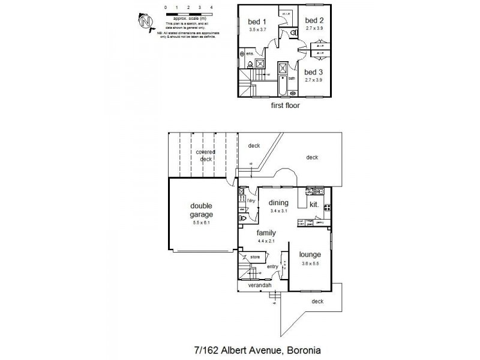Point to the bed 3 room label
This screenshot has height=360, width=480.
pyautogui.click(x=314, y=72)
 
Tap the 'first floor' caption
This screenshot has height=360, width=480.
pyautogui.click(x=286, y=105)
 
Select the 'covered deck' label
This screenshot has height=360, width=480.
pyautogui.click(x=206, y=155)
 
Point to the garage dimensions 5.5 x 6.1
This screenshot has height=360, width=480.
pyautogui.click(x=202, y=223)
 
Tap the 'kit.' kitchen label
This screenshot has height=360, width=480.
pyautogui.click(x=314, y=205)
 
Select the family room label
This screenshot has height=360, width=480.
pyautogui.click(x=266, y=233)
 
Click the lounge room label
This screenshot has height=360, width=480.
pyautogui.click(x=310, y=254)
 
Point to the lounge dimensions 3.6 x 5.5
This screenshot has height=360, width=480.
pyautogui.click(x=310, y=263)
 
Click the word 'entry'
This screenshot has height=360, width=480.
pyautogui.click(x=273, y=266)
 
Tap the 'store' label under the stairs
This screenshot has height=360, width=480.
pyautogui.click(x=254, y=257)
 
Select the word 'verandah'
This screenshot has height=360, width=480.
pyautogui.click(x=260, y=286)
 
